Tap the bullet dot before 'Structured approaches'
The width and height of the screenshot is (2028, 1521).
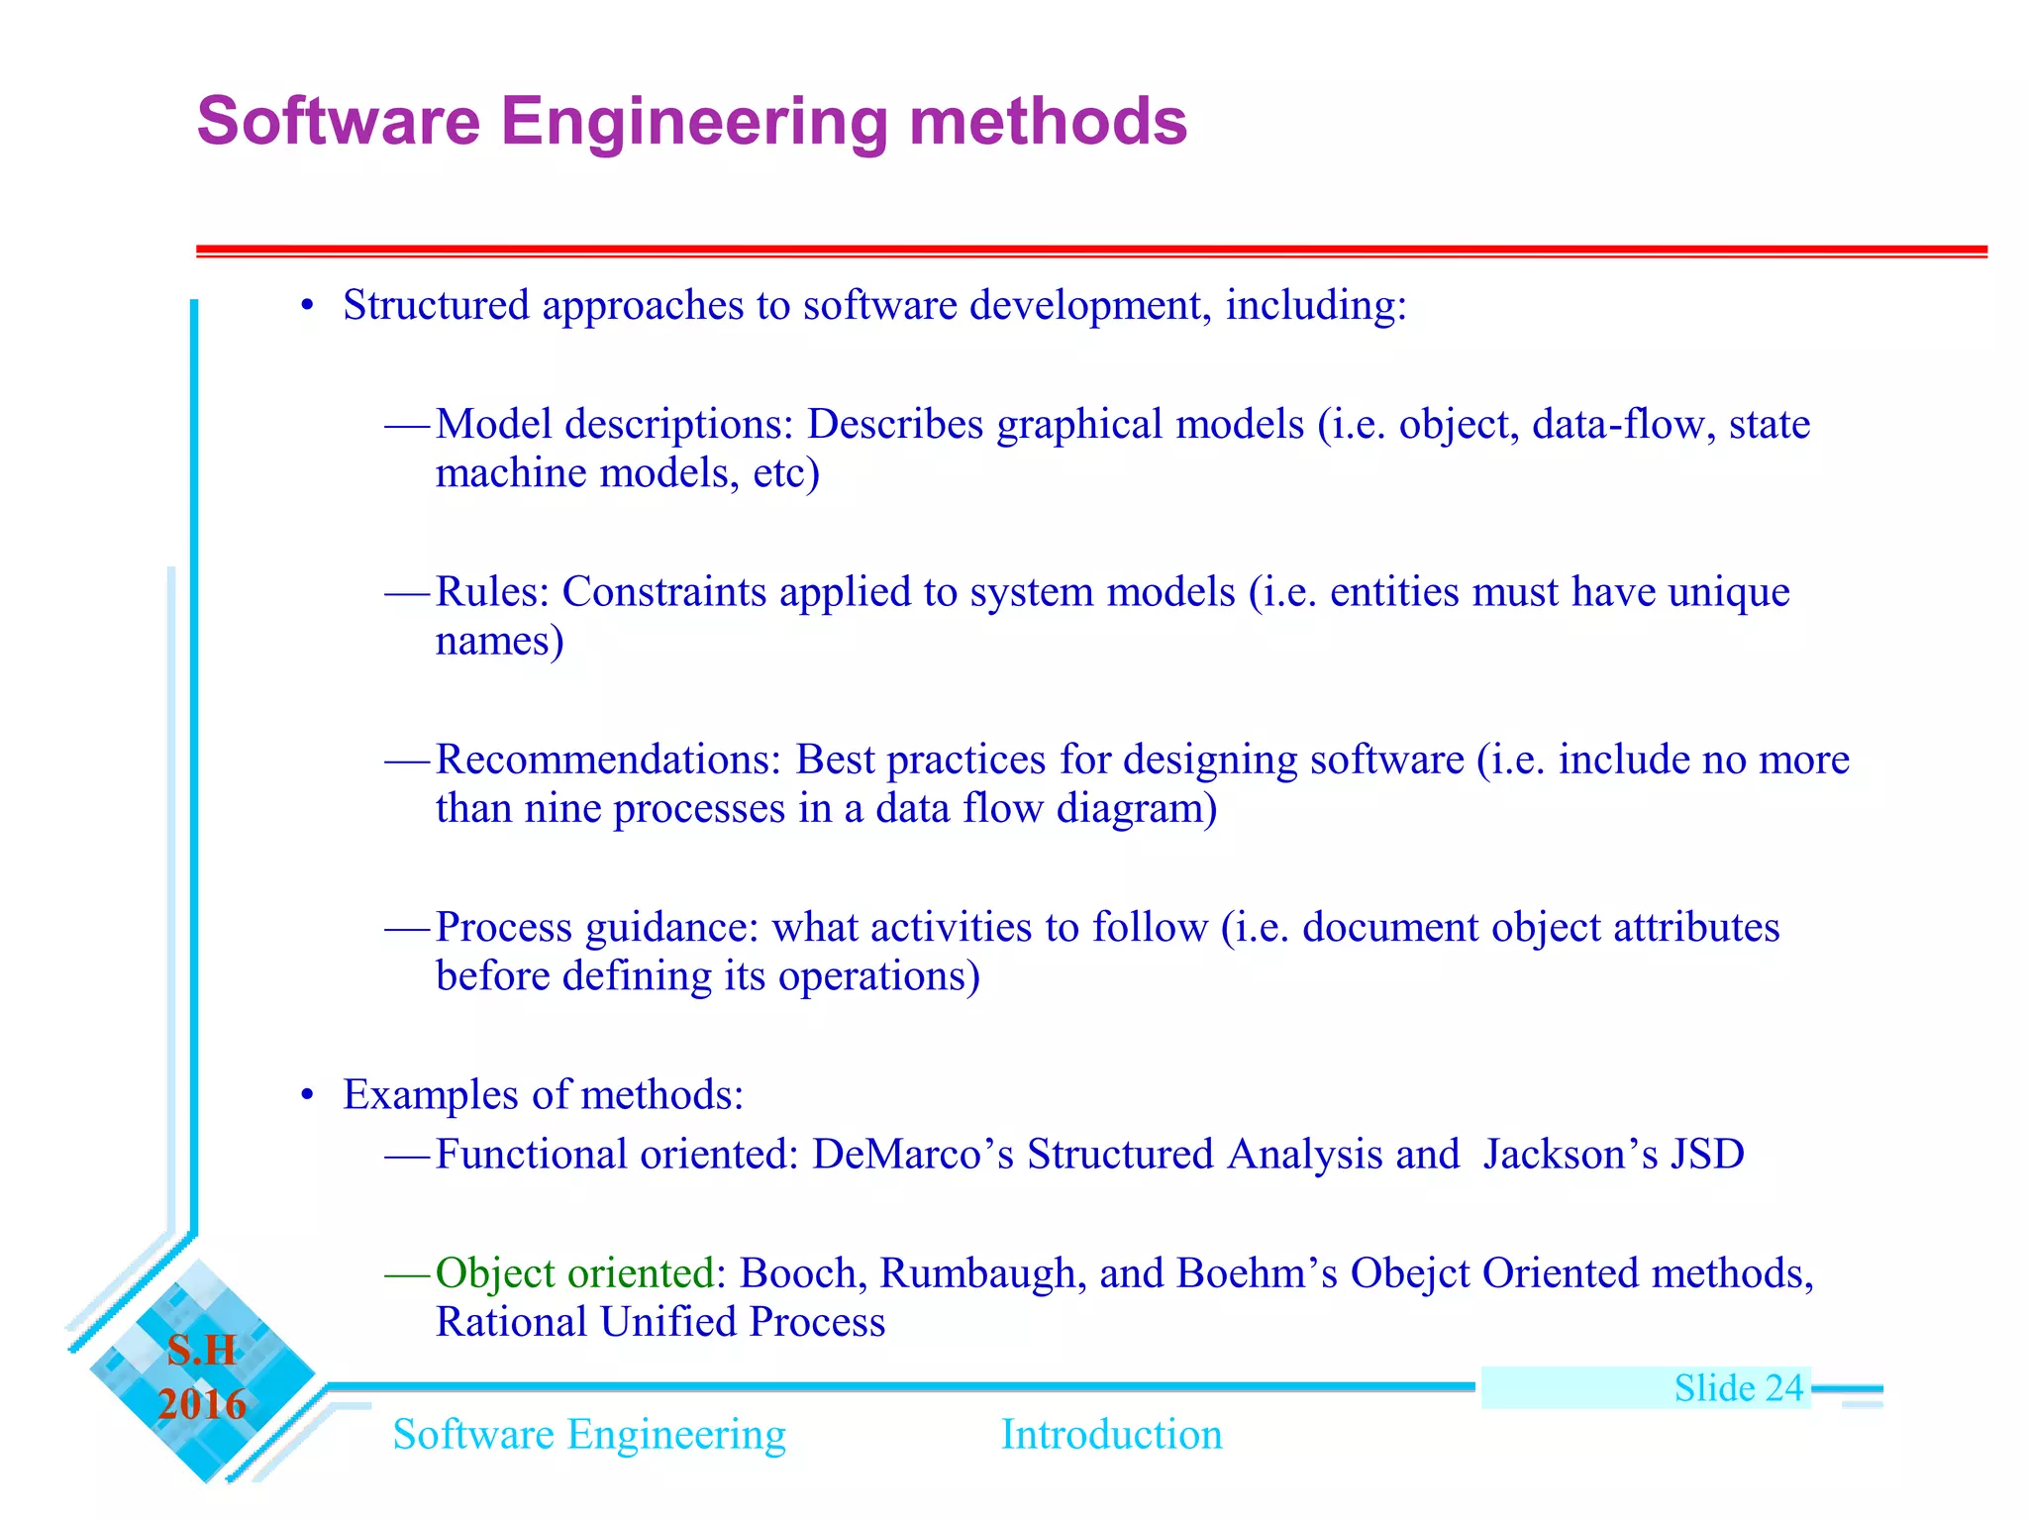point(308,307)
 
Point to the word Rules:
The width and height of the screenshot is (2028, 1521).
point(492,592)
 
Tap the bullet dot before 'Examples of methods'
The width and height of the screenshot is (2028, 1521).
point(308,1096)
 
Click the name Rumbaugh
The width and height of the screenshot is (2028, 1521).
point(976,1273)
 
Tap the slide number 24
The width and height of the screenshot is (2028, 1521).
point(1783,1388)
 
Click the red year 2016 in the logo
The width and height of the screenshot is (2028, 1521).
point(202,1404)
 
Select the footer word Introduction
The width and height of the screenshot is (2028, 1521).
point(1111,1435)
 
